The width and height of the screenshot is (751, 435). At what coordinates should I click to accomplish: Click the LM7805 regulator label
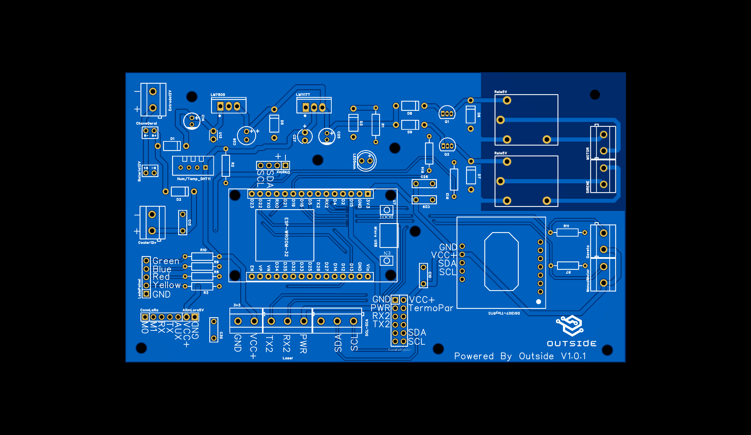218,95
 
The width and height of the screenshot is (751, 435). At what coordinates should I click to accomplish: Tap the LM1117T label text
303,95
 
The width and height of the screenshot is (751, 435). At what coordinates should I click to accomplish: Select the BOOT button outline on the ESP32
387,210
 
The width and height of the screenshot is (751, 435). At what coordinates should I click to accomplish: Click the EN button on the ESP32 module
387,261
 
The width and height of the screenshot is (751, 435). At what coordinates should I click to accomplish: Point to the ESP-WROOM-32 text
286,237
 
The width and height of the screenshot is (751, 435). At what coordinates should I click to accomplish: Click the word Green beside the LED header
166,261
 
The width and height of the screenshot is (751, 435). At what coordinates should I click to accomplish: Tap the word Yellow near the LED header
167,285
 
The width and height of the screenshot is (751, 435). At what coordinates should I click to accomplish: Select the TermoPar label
431,308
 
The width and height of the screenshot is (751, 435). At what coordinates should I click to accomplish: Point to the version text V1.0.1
573,356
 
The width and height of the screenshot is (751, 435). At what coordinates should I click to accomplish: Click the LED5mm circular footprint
366,161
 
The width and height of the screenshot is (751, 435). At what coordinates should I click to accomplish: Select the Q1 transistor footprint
447,113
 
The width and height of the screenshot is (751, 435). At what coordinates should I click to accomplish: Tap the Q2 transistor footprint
447,145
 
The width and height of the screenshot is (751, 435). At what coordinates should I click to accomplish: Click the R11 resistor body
567,232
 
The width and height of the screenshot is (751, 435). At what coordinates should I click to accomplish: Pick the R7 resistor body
568,266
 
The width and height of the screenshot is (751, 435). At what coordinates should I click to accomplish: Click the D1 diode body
172,146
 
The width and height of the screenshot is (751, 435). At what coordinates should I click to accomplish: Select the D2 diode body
179,191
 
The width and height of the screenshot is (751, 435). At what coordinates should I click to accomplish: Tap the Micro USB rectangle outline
389,236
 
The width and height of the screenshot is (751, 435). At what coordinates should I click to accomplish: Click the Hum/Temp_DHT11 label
194,179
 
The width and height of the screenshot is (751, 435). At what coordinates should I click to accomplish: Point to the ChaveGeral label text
146,123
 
